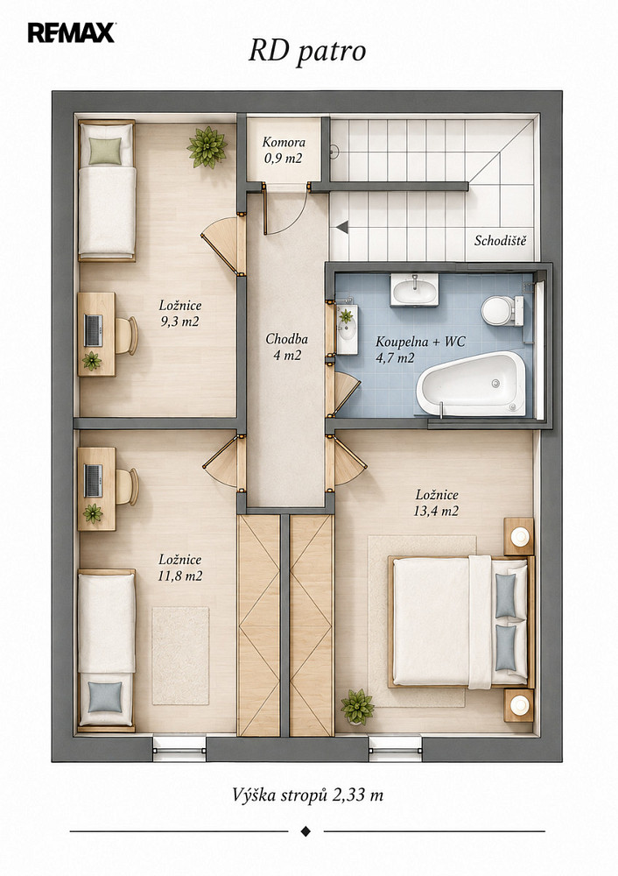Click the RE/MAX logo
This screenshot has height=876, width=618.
click(72, 33)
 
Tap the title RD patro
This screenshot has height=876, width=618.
click(307, 52)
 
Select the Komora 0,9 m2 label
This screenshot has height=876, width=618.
click(284, 151)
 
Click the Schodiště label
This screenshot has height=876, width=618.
click(500, 241)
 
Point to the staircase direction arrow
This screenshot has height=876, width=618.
click(341, 227)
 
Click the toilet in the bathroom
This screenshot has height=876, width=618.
click(502, 311)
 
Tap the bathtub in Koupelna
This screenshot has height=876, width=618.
click(471, 384)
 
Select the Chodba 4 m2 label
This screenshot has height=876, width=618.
click(286, 347)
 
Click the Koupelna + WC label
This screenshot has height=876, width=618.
click(420, 350)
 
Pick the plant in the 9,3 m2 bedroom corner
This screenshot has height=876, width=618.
click(207, 147)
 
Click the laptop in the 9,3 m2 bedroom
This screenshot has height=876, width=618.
click(94, 330)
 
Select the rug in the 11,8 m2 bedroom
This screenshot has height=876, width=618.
click(180, 656)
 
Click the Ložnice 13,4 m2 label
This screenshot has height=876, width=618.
click(436, 502)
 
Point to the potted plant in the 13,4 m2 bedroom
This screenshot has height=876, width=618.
click(357, 707)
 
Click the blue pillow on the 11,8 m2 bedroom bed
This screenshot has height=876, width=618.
click(105, 696)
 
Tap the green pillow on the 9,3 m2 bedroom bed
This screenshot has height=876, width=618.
click(105, 151)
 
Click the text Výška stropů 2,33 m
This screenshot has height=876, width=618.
click(307, 795)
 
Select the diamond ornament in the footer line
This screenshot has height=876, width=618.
click(305, 831)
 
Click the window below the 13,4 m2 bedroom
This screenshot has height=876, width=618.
click(395, 749)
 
